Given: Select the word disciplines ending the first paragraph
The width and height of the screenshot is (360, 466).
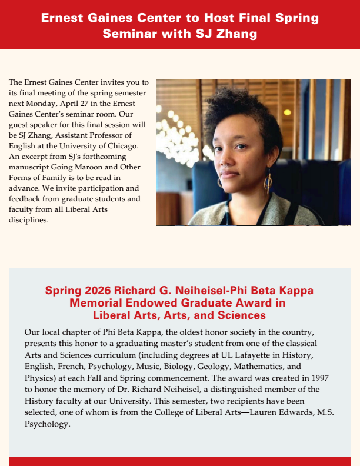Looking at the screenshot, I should [x=29, y=221].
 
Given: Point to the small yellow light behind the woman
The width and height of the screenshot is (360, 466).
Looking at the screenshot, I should [x=287, y=112].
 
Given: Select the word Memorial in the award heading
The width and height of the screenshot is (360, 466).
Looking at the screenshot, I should [x=94, y=303].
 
